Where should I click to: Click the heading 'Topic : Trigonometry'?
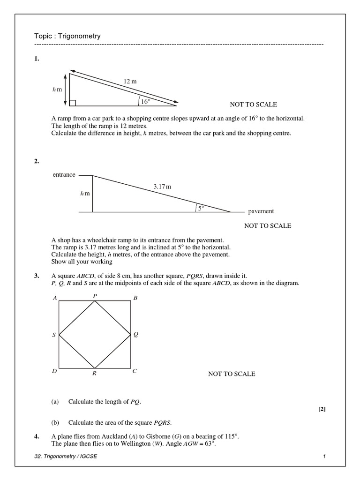67,36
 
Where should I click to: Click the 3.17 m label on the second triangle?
162,187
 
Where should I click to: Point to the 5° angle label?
201,208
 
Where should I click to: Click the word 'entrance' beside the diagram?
64,175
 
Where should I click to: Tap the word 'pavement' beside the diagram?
261,211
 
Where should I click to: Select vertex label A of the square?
55,298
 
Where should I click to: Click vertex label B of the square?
135,298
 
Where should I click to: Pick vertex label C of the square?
135,371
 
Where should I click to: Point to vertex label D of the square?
54,371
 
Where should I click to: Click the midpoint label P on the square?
95,296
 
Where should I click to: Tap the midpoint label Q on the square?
136,335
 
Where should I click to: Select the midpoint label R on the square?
95,374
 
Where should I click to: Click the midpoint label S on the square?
54,335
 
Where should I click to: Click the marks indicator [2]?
322,409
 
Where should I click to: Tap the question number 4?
36,436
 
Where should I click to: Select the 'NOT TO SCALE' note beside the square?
232,374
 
